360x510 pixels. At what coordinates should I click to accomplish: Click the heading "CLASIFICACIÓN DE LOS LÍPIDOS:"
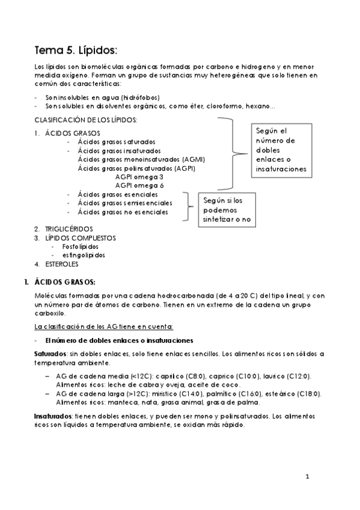pos(85,120)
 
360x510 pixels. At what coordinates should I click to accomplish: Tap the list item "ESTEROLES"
pos(61,263)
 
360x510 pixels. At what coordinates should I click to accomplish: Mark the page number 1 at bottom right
pos(307,478)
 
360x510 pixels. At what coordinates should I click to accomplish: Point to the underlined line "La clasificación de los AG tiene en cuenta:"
pos(105,327)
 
